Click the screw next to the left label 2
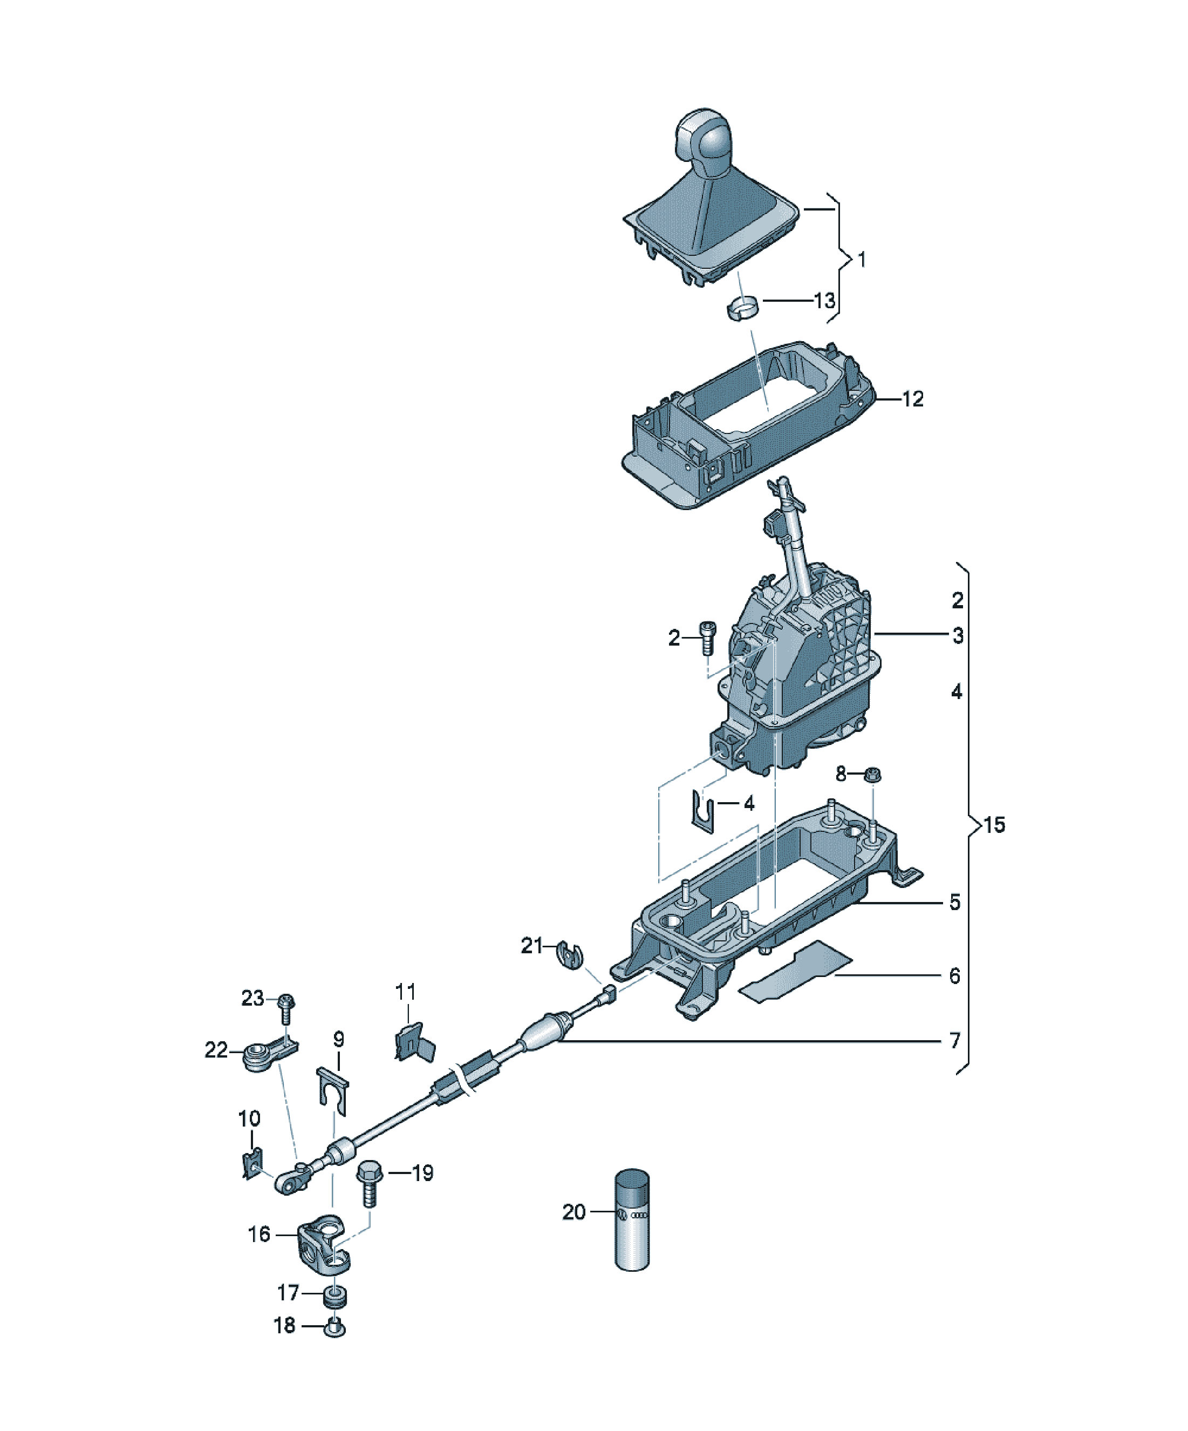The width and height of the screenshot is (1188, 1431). [708, 637]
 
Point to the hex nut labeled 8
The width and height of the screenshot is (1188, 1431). [872, 774]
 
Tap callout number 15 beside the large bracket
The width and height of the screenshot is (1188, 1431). [994, 825]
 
